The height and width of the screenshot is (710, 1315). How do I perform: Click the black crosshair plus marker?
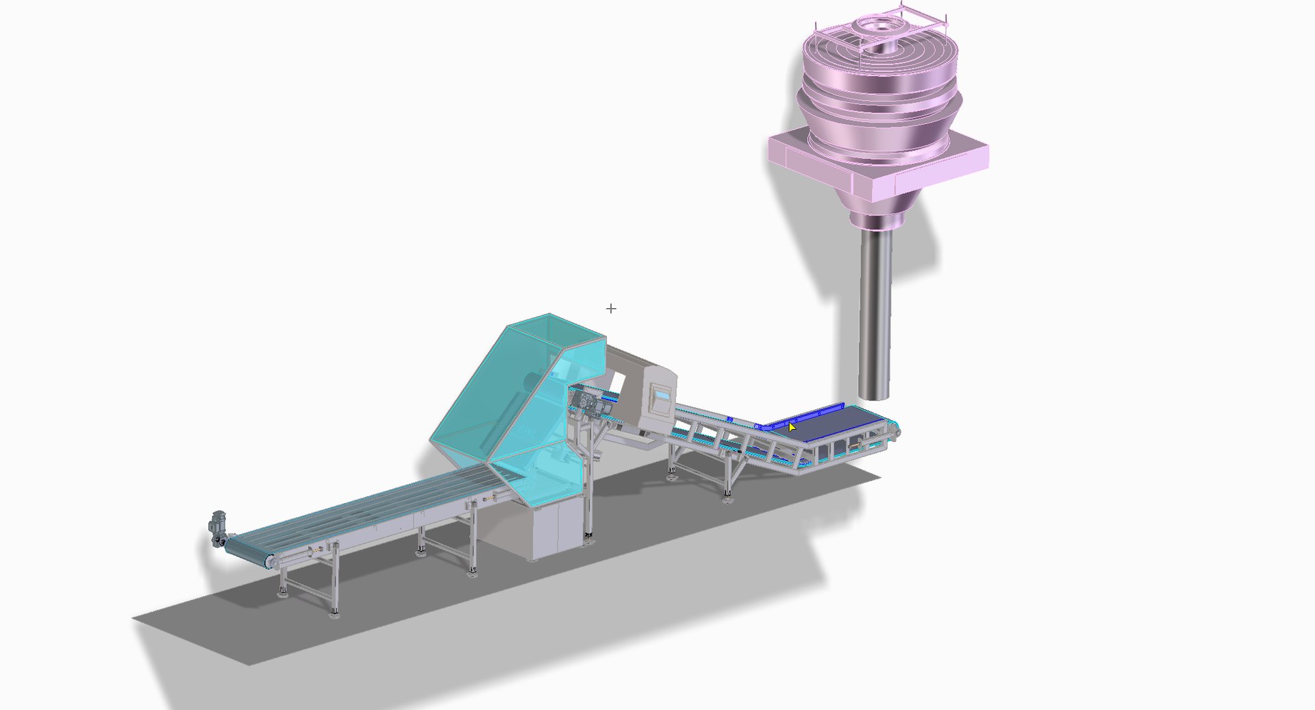pyautogui.click(x=611, y=309)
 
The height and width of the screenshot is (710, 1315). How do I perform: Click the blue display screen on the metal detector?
pyautogui.click(x=662, y=395)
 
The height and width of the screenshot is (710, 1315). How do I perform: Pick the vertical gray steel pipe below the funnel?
pyautogui.click(x=875, y=308)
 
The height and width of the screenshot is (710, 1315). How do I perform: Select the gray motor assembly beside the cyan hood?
pyautogui.click(x=589, y=404)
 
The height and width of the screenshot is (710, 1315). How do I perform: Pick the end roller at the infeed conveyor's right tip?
pyautogui.click(x=896, y=430)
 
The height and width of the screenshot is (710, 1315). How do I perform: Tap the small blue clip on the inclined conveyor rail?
pyautogui.click(x=730, y=419)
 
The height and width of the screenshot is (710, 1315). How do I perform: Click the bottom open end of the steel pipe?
pyautogui.click(x=875, y=396)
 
